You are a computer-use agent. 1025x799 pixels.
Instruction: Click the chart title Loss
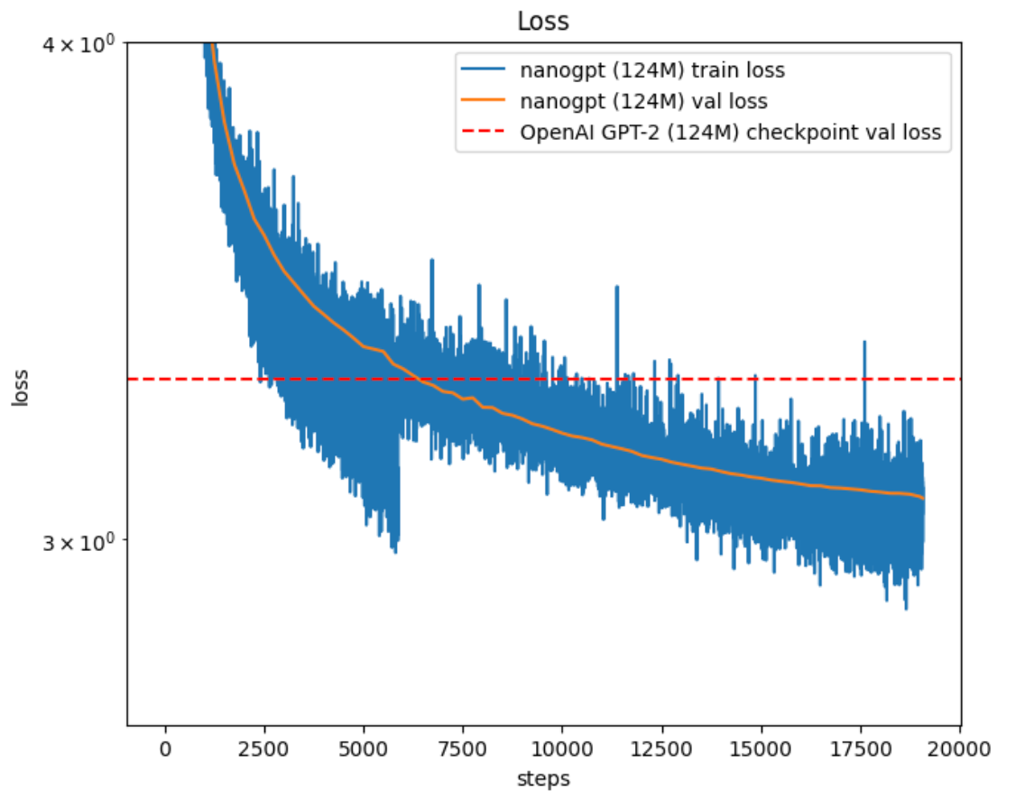coord(542,22)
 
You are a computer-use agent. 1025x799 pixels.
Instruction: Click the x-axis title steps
coord(542,777)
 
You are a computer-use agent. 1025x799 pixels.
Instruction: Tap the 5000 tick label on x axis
coord(363,749)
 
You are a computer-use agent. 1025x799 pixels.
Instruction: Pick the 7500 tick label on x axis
coord(463,749)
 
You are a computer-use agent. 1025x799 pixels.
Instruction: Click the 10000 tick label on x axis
coord(562,749)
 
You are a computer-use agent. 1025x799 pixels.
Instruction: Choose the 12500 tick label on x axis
coord(661,749)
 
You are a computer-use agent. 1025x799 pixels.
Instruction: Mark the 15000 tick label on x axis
coord(761,749)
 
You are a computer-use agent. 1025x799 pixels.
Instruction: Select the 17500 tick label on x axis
coord(860,749)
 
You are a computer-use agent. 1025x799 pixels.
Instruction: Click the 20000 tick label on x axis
coord(959,749)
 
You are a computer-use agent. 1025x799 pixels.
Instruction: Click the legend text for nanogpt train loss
coord(652,70)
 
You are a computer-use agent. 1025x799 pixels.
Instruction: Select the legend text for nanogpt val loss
coord(643,101)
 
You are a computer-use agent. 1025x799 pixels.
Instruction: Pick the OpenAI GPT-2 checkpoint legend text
coord(730,132)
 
